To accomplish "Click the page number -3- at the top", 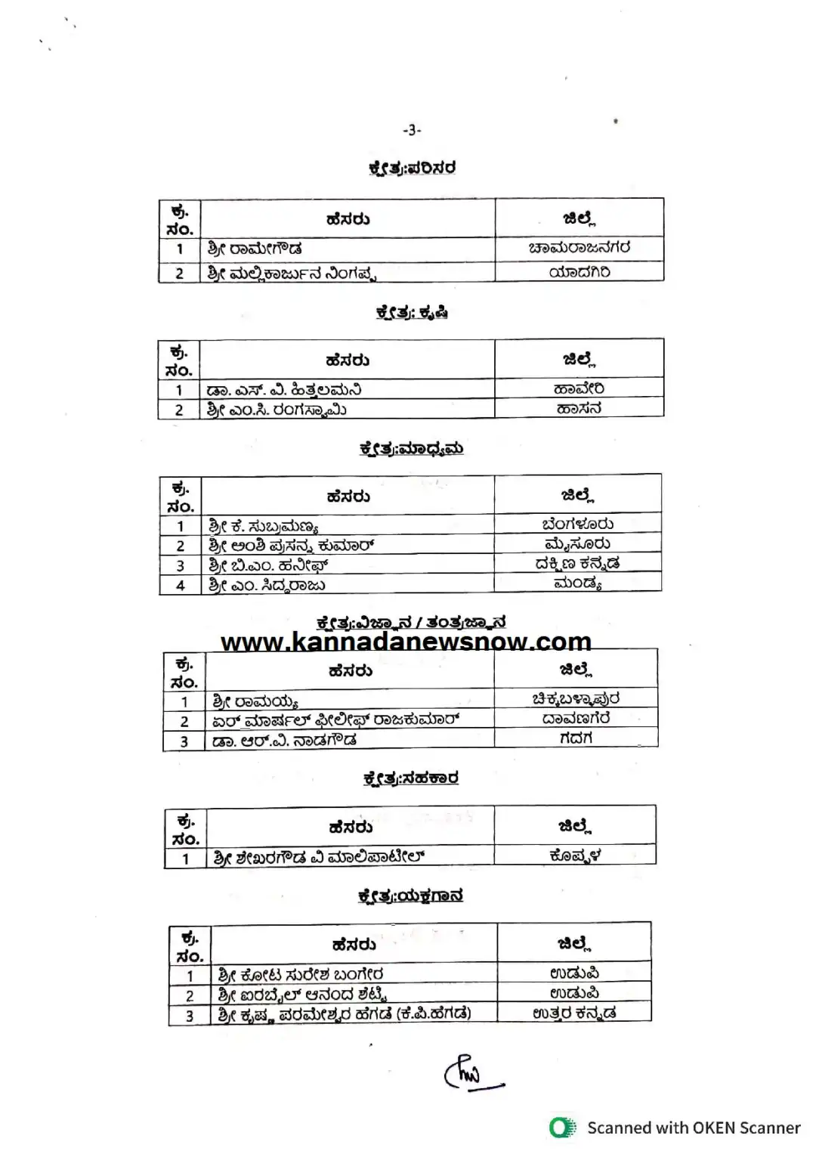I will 412,130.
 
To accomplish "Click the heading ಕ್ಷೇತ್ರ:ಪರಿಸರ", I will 412,168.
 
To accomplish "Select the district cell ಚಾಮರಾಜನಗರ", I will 579,248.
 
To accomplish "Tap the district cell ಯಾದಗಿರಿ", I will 579,272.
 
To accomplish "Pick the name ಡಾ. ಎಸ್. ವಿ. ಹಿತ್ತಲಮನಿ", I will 284,390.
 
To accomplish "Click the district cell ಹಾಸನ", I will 579,409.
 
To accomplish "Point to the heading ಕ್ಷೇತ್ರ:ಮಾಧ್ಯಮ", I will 411,449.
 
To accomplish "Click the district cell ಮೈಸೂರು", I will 577,544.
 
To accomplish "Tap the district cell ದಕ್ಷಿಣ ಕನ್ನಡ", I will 577,564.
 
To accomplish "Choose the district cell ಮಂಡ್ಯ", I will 577,583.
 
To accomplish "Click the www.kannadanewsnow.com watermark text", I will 406,642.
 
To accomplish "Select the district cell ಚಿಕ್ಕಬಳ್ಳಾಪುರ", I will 576,699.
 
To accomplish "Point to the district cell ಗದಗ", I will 576,738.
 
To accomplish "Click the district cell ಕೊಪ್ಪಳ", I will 575,856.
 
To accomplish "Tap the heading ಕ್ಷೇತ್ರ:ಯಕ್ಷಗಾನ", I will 410,896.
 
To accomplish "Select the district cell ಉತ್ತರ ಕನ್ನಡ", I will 574,1013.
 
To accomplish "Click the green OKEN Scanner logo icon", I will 562,1128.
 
